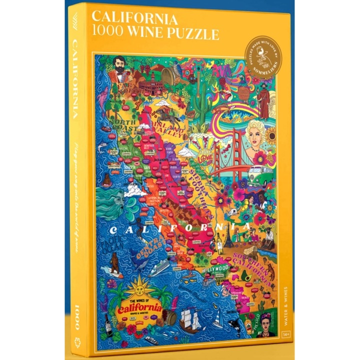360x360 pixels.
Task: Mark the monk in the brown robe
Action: [x=262, y=102]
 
